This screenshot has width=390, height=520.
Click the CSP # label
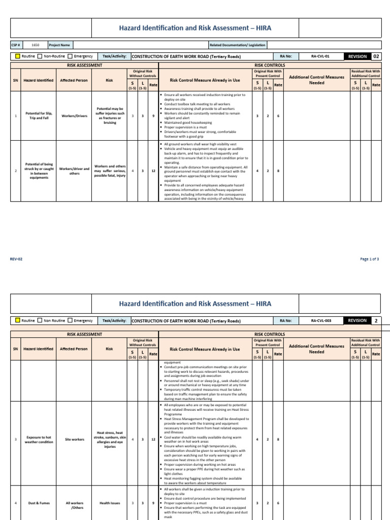15,45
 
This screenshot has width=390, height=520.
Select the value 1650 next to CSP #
35,45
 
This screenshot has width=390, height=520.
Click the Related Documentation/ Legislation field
237,45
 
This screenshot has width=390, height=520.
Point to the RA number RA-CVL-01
320,56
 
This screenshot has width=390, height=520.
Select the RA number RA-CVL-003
321,320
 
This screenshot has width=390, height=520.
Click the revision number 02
376,56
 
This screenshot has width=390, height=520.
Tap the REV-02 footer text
16,259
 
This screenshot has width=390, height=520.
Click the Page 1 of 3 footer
370,259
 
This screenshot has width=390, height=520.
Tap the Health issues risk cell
110,503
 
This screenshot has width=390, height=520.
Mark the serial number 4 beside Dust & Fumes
16,503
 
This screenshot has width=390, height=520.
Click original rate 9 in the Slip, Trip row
153,116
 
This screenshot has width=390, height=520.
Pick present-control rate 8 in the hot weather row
278,439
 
